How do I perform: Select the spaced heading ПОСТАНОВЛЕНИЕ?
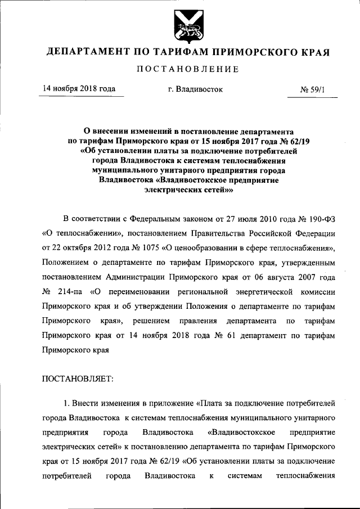click(188, 69)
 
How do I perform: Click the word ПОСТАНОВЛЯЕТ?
click(78, 379)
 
